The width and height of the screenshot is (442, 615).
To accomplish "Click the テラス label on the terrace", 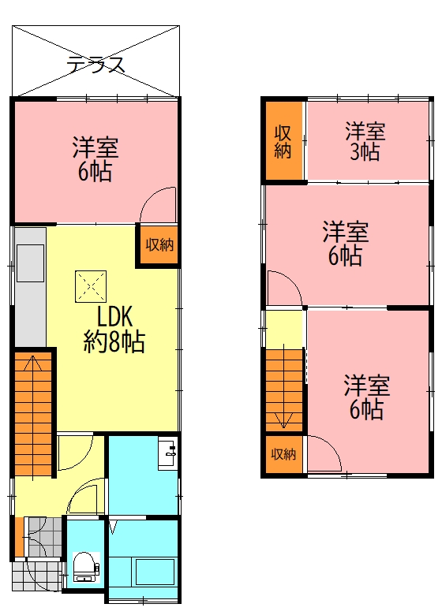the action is point(96,65).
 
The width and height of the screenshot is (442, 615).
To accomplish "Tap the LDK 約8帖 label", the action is point(114,329).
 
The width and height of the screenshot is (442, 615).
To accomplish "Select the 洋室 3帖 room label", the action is point(365,141).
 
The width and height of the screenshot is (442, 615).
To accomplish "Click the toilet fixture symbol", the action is point(86,567).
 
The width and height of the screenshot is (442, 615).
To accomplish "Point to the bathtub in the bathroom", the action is point(155,572).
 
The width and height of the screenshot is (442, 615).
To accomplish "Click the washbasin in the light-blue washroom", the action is point(167,454).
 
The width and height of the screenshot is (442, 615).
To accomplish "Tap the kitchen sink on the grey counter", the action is point(30,263).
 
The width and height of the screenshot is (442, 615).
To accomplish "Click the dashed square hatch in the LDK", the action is point(91,286).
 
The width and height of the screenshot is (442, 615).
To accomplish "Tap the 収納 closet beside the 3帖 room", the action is point(283,141).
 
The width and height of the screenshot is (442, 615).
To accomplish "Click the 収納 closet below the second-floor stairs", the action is point(283,454).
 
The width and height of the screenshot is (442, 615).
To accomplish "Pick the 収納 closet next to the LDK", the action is point(159,244).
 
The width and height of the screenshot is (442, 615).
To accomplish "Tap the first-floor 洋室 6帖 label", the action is point(95,158).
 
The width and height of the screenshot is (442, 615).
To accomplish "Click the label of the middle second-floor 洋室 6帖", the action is point(346,243).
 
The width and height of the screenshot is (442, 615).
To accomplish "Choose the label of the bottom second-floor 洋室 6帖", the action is point(367,397).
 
